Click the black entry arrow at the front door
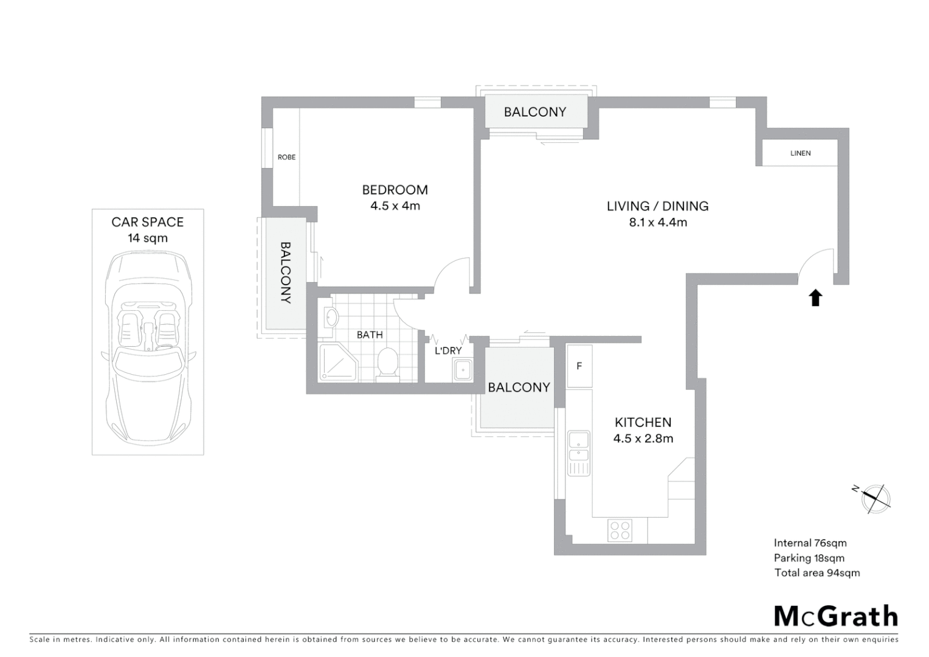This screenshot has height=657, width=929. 815,298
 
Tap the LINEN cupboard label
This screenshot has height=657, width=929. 800,153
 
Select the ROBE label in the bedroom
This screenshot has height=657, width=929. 286,157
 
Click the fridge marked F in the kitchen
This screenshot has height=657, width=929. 579,366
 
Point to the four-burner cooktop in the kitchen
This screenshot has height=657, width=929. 620,530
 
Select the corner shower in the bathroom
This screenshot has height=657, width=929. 337,363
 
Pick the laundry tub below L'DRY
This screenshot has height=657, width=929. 463,370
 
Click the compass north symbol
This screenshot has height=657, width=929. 875,497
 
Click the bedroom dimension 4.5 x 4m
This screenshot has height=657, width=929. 395,206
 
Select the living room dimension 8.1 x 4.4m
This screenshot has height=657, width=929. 658,223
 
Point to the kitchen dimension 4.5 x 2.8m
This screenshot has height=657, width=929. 643,439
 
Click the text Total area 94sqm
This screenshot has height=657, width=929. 817,572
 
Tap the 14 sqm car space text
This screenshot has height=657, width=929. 148,238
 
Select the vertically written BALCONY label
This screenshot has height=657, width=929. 285,273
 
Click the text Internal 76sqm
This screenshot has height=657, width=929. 810,543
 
